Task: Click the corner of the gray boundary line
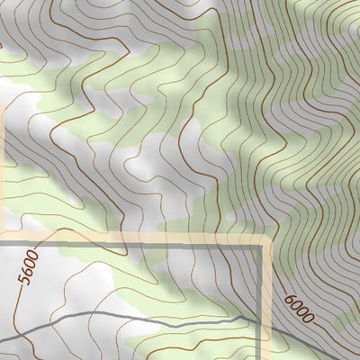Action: tap(265, 244)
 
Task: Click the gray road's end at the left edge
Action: tap(1, 339)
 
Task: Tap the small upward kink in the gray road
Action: tap(241, 317)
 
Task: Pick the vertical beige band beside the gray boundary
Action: tap(270, 297)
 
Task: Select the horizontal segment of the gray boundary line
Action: tap(135, 244)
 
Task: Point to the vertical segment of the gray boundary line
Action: tap(265, 288)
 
